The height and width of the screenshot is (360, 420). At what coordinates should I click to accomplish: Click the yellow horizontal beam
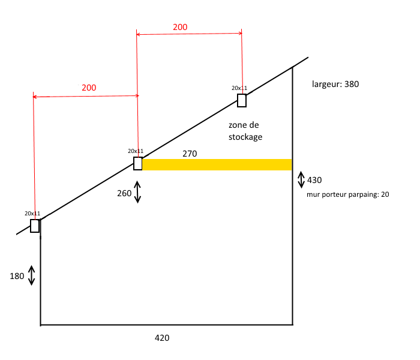tap(216, 164)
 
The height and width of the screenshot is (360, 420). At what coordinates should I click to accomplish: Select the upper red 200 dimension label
tap(180, 27)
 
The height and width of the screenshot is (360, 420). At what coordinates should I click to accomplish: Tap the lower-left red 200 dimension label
tap(89, 88)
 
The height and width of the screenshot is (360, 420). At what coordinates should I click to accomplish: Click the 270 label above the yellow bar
tap(190, 154)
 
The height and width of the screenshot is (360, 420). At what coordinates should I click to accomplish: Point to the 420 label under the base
tap(162, 338)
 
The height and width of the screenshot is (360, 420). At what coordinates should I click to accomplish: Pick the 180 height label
tap(17, 276)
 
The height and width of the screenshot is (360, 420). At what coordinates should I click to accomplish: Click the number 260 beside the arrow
tap(124, 193)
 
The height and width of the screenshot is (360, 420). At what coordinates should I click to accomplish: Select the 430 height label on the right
tap(314, 180)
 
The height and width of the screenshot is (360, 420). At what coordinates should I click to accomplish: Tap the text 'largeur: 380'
tap(335, 84)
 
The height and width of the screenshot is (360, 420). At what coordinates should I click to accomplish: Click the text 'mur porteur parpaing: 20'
tap(344, 194)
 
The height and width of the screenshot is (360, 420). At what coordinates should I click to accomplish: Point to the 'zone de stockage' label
tap(246, 131)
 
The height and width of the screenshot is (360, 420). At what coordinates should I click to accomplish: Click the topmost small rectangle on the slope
tap(242, 100)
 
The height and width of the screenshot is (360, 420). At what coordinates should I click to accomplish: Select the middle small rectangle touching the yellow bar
tap(138, 164)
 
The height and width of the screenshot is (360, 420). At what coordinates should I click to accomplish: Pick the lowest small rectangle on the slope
tap(35, 226)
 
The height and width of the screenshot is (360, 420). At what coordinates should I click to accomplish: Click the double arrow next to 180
tap(32, 275)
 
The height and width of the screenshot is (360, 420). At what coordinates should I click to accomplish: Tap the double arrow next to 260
tap(137, 192)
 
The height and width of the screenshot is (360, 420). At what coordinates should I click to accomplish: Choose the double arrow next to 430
tap(301, 179)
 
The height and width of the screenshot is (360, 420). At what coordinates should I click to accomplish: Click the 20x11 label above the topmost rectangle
tap(239, 88)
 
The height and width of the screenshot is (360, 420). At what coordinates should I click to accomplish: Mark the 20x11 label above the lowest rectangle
tap(32, 213)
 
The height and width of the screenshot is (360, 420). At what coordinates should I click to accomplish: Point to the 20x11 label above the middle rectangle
tap(136, 151)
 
